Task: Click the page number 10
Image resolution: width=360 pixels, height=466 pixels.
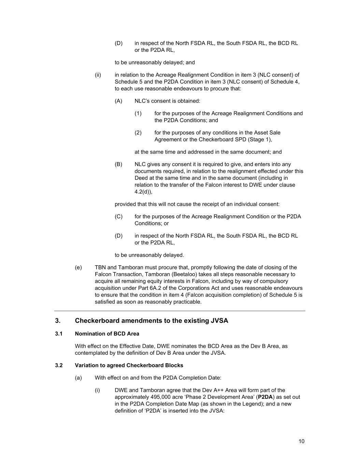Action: coord(301,441)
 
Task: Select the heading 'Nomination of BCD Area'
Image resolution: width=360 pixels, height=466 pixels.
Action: coord(107,334)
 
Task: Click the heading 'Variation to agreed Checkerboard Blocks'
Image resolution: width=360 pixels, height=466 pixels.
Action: coord(129,365)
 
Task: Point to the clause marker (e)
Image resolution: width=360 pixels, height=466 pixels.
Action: coord(78,267)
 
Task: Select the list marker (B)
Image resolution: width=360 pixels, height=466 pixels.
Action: coord(118,164)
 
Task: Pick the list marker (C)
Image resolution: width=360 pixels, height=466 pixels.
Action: coord(118,216)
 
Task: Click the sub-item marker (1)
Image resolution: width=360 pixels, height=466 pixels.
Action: coord(138,113)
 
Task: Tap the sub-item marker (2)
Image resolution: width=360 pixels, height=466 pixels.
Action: coord(138,132)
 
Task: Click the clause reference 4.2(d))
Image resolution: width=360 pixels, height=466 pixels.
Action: coord(143,192)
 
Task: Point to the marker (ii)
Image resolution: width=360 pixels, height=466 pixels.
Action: coord(98,75)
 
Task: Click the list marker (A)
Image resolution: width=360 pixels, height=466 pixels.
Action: coord(118,101)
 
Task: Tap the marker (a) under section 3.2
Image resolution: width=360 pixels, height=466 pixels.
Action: coord(78,378)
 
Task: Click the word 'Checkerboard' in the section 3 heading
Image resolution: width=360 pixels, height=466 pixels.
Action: coord(97,321)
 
